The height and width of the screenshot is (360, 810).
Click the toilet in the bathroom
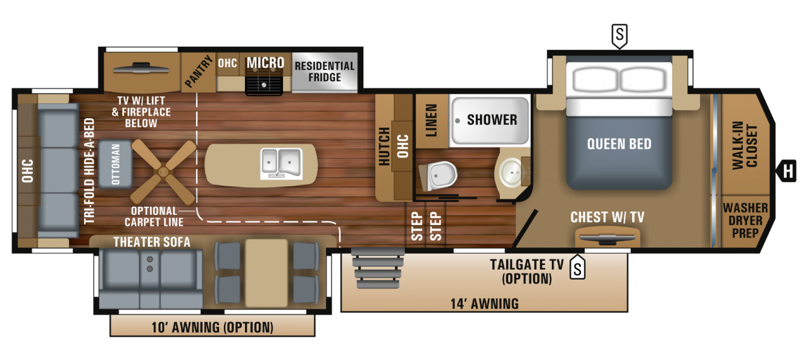pos(438,175)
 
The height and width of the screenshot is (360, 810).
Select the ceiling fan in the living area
pos(163,170)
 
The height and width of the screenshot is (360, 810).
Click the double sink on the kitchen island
pos(280,162)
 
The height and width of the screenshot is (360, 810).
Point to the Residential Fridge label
pos(325,71)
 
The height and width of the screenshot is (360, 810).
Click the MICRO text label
pos(265,63)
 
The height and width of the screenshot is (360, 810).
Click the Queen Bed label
pos(618,144)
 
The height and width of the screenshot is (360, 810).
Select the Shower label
pos(492,120)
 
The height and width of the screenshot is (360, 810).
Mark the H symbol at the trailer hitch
pos(787,170)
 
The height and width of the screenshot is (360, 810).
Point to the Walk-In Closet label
pos(744,145)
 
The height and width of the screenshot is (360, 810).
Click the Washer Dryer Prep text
pos(745,219)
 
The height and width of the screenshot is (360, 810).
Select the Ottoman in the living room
pos(115,163)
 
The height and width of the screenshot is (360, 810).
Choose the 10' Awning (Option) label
pos(212,327)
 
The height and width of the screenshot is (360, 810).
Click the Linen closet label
pos(432,120)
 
